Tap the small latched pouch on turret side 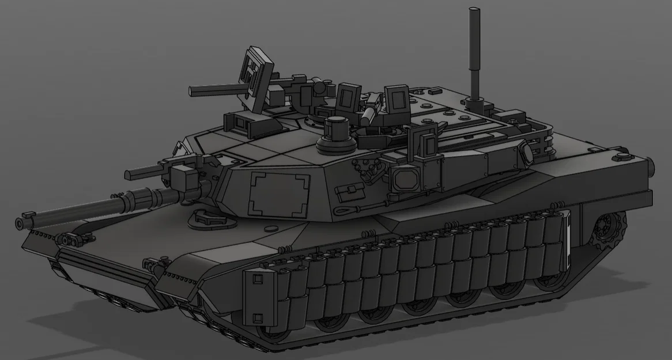[349, 191]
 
